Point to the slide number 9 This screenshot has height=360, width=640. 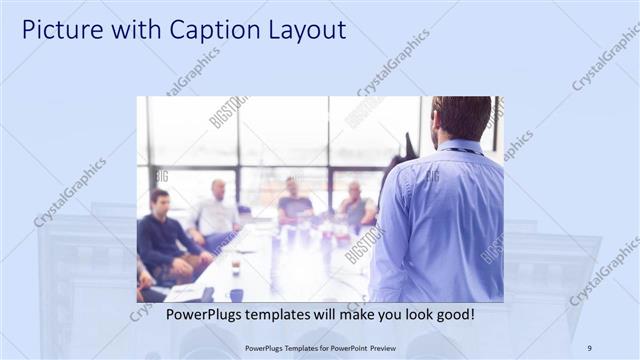(x=589, y=348)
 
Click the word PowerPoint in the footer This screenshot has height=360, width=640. (x=340, y=348)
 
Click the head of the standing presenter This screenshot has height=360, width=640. (x=462, y=118)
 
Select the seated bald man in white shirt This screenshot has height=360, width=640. (x=216, y=212)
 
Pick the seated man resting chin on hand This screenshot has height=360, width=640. (x=356, y=207)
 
